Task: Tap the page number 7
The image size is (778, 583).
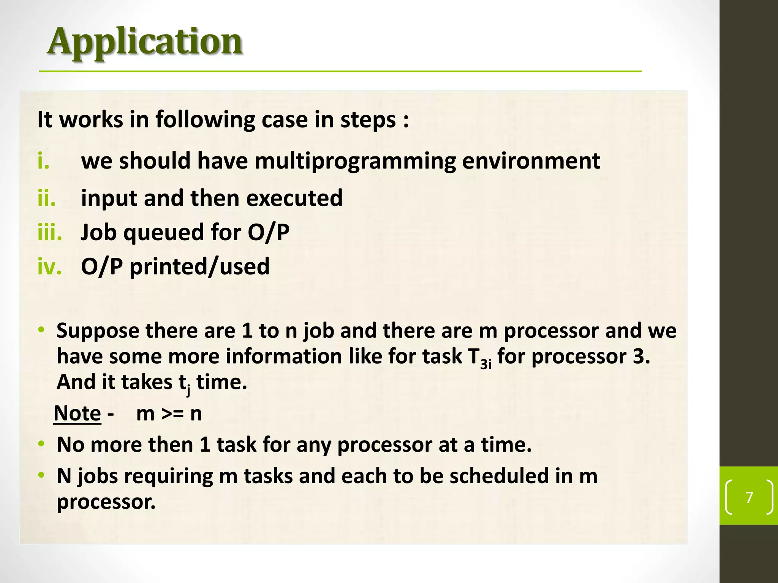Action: pyautogui.click(x=749, y=497)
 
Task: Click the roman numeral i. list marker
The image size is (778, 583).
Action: pyautogui.click(x=43, y=161)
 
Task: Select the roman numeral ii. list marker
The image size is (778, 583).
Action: pyautogui.click(x=46, y=198)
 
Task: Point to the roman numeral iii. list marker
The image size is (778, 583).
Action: pyautogui.click(x=50, y=232)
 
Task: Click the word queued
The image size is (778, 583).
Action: pyautogui.click(x=164, y=233)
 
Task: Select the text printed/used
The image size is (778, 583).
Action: pyautogui.click(x=199, y=266)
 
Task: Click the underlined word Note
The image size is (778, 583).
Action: pyautogui.click(x=77, y=413)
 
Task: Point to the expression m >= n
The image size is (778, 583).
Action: pyautogui.click(x=169, y=413)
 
